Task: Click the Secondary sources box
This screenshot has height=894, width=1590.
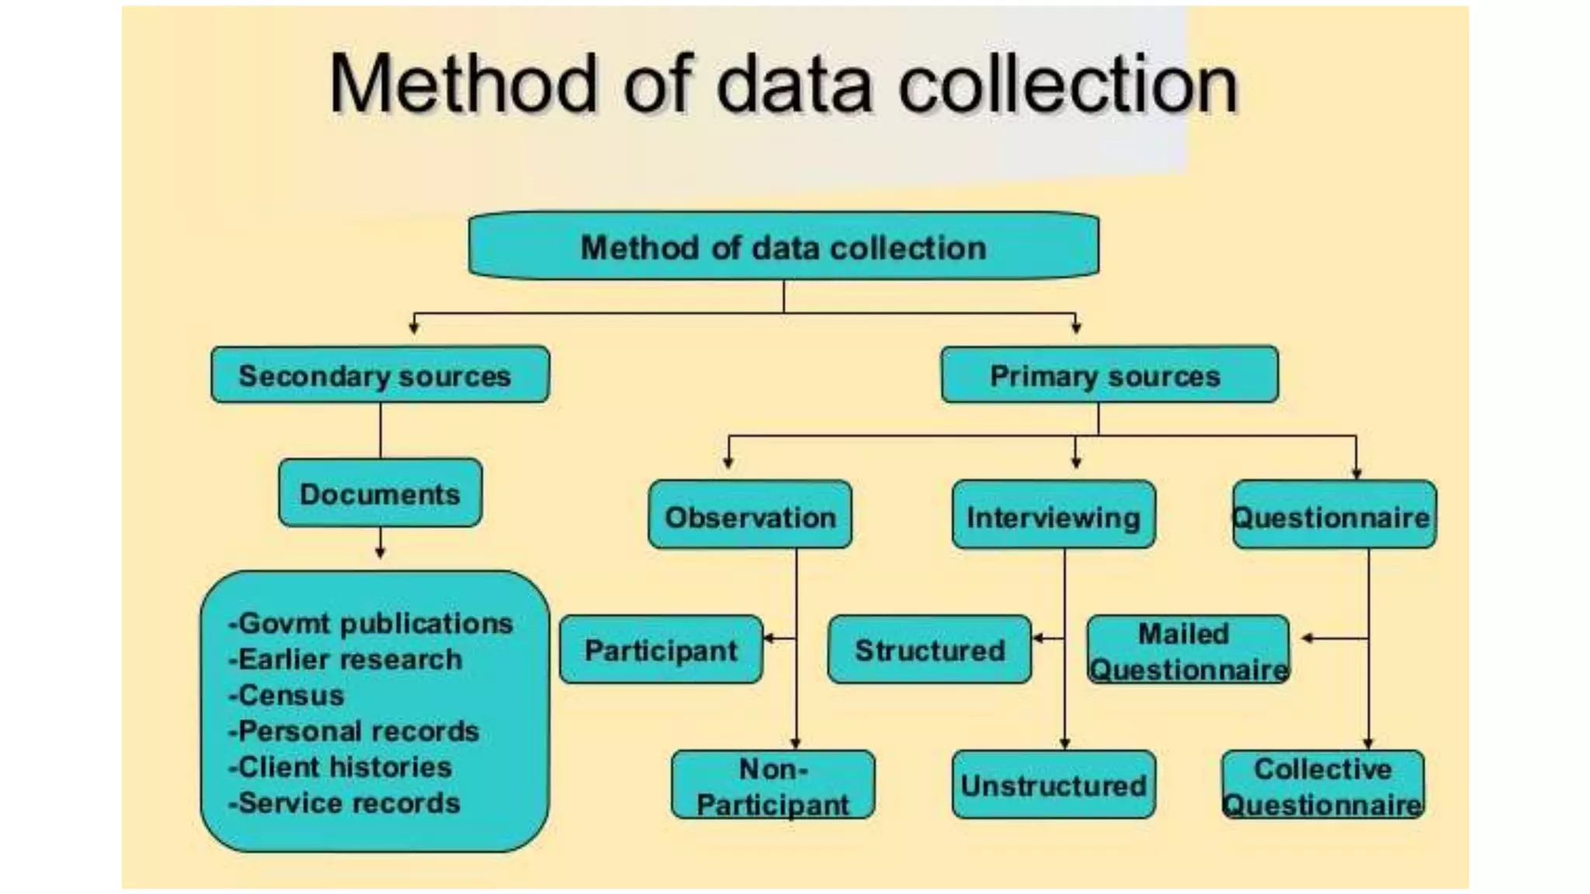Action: (x=380, y=375)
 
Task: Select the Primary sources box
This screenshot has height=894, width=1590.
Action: (x=1109, y=375)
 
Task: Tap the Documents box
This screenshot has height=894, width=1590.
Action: (x=380, y=494)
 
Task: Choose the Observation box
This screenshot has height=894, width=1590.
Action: (x=750, y=516)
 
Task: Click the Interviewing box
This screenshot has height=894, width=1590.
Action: (x=1054, y=516)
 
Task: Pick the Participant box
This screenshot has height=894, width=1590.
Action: (x=661, y=650)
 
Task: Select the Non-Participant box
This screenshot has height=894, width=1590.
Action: (x=772, y=785)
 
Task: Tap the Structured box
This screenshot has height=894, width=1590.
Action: (x=929, y=650)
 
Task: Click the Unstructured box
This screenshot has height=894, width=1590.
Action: (x=1054, y=785)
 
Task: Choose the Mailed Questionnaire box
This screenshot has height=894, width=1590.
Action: (x=1187, y=650)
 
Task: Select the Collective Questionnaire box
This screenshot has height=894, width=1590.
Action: (x=1323, y=785)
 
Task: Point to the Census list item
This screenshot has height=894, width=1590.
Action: (x=286, y=695)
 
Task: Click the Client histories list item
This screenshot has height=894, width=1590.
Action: (x=341, y=767)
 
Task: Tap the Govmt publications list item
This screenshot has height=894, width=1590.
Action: (x=371, y=623)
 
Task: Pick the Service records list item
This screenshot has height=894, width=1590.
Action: (x=345, y=803)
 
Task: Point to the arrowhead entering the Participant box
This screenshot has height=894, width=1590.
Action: (x=769, y=639)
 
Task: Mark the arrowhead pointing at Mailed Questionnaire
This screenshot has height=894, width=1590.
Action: (x=1307, y=639)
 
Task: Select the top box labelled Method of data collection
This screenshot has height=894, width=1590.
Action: (x=783, y=247)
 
